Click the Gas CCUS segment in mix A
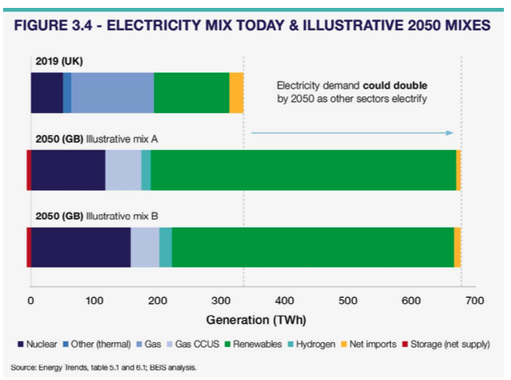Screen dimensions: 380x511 [123, 170]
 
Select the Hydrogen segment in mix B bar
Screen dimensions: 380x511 [165, 247]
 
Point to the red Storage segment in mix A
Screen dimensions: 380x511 [28, 170]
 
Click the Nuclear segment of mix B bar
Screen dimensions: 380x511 [81, 247]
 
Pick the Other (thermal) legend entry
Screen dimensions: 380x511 [100, 344]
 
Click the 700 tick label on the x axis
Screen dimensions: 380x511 [474, 300]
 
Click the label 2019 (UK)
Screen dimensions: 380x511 [57, 60]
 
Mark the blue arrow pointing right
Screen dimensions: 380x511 [352, 133]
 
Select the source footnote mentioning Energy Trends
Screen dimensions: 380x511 [103, 367]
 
